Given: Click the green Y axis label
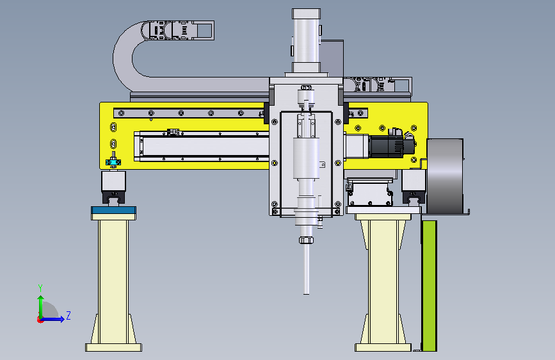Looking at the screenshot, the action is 40,288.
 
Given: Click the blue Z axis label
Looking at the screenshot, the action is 68,315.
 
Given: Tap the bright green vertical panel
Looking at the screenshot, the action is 430,286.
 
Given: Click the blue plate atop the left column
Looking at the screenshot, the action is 113,210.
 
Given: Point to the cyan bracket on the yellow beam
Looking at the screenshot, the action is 113,162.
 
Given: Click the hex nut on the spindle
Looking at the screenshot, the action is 306,240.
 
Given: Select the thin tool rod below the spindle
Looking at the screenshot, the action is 306,269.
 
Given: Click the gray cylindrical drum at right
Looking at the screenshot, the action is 445,176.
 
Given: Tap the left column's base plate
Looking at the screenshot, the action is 113,347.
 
